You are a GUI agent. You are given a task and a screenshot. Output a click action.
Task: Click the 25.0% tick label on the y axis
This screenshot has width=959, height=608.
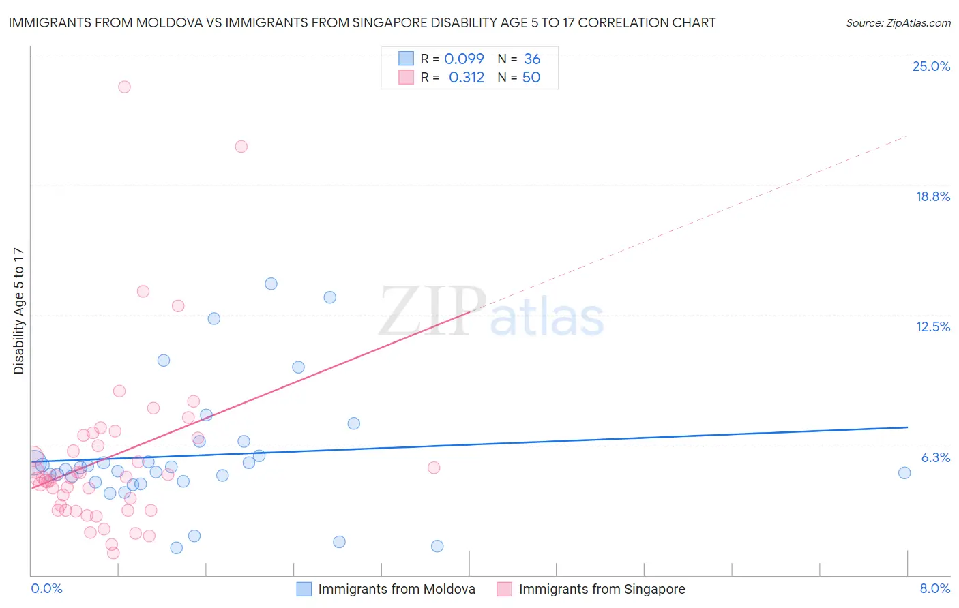pos(931,66)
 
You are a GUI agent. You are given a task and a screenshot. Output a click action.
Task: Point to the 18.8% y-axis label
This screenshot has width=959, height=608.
pos(932,196)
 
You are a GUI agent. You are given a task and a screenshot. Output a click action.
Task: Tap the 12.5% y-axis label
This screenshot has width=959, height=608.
pos(932,326)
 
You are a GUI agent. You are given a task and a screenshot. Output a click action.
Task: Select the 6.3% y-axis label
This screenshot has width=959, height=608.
pos(935,457)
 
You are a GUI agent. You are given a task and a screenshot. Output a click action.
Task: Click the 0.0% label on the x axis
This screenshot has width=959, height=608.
pos(46,588)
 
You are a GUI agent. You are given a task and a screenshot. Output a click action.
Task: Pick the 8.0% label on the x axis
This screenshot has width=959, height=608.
pos(934,588)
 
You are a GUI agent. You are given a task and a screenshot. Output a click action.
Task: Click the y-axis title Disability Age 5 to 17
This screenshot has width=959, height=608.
pos(19,310)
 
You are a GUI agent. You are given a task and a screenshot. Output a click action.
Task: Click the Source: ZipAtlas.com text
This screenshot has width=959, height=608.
pos(898,23)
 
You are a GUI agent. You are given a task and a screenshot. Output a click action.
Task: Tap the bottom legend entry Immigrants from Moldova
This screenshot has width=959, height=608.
pos(396,589)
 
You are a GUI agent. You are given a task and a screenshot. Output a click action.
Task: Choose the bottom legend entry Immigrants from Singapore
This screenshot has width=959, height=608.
pos(602,589)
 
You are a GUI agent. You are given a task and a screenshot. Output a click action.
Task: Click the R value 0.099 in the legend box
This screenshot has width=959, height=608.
pos(464,59)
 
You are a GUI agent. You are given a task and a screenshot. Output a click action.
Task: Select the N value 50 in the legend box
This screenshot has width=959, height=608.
pos(531,77)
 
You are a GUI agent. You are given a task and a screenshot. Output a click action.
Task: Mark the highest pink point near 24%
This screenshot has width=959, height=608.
pos(124,87)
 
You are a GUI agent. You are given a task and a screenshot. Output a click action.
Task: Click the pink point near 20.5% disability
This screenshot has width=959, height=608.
pos(241,147)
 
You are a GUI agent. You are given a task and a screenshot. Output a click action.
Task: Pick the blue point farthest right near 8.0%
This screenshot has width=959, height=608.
pos(904,473)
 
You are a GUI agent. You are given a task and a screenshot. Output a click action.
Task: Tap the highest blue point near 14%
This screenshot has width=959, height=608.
pos(271,284)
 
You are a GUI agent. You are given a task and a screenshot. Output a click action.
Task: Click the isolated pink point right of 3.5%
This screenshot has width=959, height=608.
pos(434,468)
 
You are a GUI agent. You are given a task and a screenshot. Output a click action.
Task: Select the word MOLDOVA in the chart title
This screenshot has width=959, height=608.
pos(163,22)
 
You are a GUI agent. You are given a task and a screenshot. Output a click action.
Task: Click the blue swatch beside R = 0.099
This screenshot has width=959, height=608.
pos(407,59)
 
